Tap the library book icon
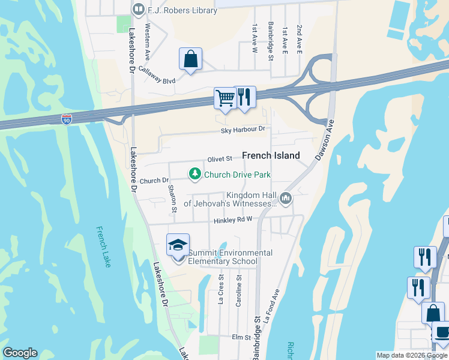pos(139,9)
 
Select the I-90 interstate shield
pos(66,120)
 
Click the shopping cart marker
pos(225,98)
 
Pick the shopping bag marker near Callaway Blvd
pos(190,59)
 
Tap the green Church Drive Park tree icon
pos(194,175)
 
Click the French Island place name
pos(271,155)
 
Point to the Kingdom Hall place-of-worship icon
pos(286,198)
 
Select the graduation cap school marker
pos(178,245)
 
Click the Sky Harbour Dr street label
pos(243,129)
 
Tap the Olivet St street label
pos(220,158)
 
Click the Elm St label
pos(241,338)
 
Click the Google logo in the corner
pos(20,353)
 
